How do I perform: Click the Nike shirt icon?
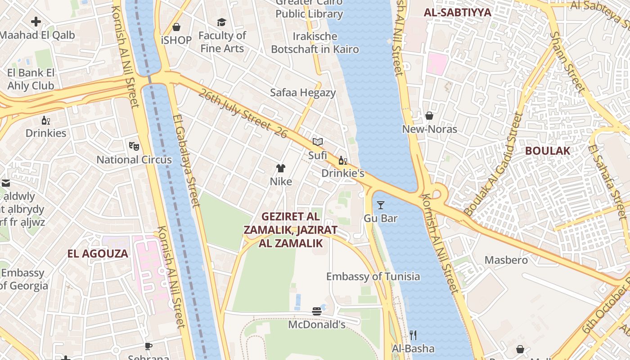(281, 168)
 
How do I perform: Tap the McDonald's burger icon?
(317, 311)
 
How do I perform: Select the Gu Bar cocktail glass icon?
(381, 205)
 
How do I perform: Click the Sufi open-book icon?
(318, 142)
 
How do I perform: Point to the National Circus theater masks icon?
(134, 146)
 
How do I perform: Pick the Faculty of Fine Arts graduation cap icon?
(221, 22)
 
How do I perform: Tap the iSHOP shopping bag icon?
(176, 27)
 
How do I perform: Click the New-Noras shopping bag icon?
(429, 116)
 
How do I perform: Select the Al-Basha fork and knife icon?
(413, 335)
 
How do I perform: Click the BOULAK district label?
(548, 151)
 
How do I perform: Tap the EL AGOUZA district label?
(98, 253)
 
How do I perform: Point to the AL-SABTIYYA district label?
(457, 13)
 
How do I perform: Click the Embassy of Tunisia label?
(373, 276)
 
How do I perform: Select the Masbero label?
(506, 260)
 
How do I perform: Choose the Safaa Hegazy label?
(303, 93)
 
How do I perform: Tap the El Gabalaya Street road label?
(186, 160)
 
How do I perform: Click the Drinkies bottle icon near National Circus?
(46, 120)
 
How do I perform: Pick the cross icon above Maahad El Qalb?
(36, 21)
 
